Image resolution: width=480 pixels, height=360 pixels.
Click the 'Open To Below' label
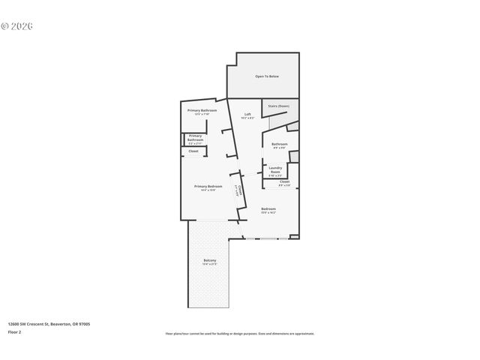pyautogui.click(x=266, y=76)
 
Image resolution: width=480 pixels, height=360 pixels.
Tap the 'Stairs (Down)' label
pyautogui.click(x=279, y=106)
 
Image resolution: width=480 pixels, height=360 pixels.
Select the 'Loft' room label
pyautogui.click(x=247, y=115)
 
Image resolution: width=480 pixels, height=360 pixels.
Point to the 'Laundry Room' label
pyautogui.click(x=275, y=168)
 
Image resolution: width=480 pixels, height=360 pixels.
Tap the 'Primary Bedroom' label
pyautogui.click(x=208, y=186)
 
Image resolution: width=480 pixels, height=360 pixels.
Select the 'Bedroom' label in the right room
pyautogui.click(x=268, y=208)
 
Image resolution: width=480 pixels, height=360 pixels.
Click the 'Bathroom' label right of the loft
pyautogui.click(x=280, y=143)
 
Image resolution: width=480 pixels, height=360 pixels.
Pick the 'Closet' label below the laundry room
pyautogui.click(x=284, y=181)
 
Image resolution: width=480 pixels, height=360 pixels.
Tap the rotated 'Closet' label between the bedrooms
pyautogui.click(x=238, y=189)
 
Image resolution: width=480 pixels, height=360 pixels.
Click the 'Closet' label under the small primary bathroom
pyautogui.click(x=193, y=151)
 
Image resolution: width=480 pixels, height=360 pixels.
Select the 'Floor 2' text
pyautogui.click(x=15, y=331)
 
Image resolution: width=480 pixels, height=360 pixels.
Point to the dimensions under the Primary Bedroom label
pyautogui.click(x=208, y=190)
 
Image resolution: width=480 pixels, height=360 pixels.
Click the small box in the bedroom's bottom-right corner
pyautogui.click(x=294, y=237)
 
